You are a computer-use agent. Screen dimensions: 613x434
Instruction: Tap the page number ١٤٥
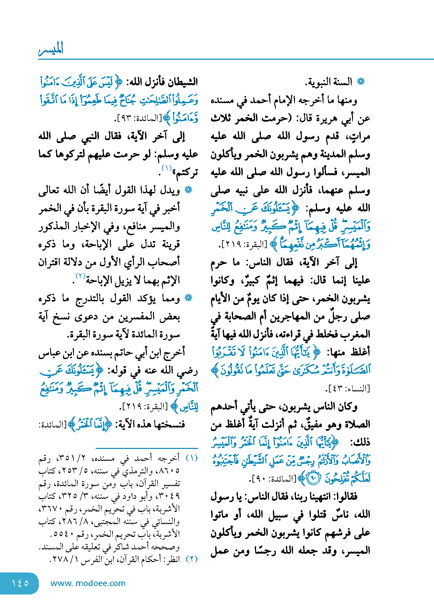[x=20, y=583]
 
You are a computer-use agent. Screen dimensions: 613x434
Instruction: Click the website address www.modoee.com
[x=88, y=583]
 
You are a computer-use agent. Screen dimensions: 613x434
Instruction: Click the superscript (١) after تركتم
[x=167, y=168]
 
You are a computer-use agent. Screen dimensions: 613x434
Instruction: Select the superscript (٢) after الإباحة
[x=80, y=276]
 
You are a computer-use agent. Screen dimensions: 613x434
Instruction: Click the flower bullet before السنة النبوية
[x=360, y=82]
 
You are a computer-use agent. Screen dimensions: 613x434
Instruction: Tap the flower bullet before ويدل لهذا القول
[x=188, y=190]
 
